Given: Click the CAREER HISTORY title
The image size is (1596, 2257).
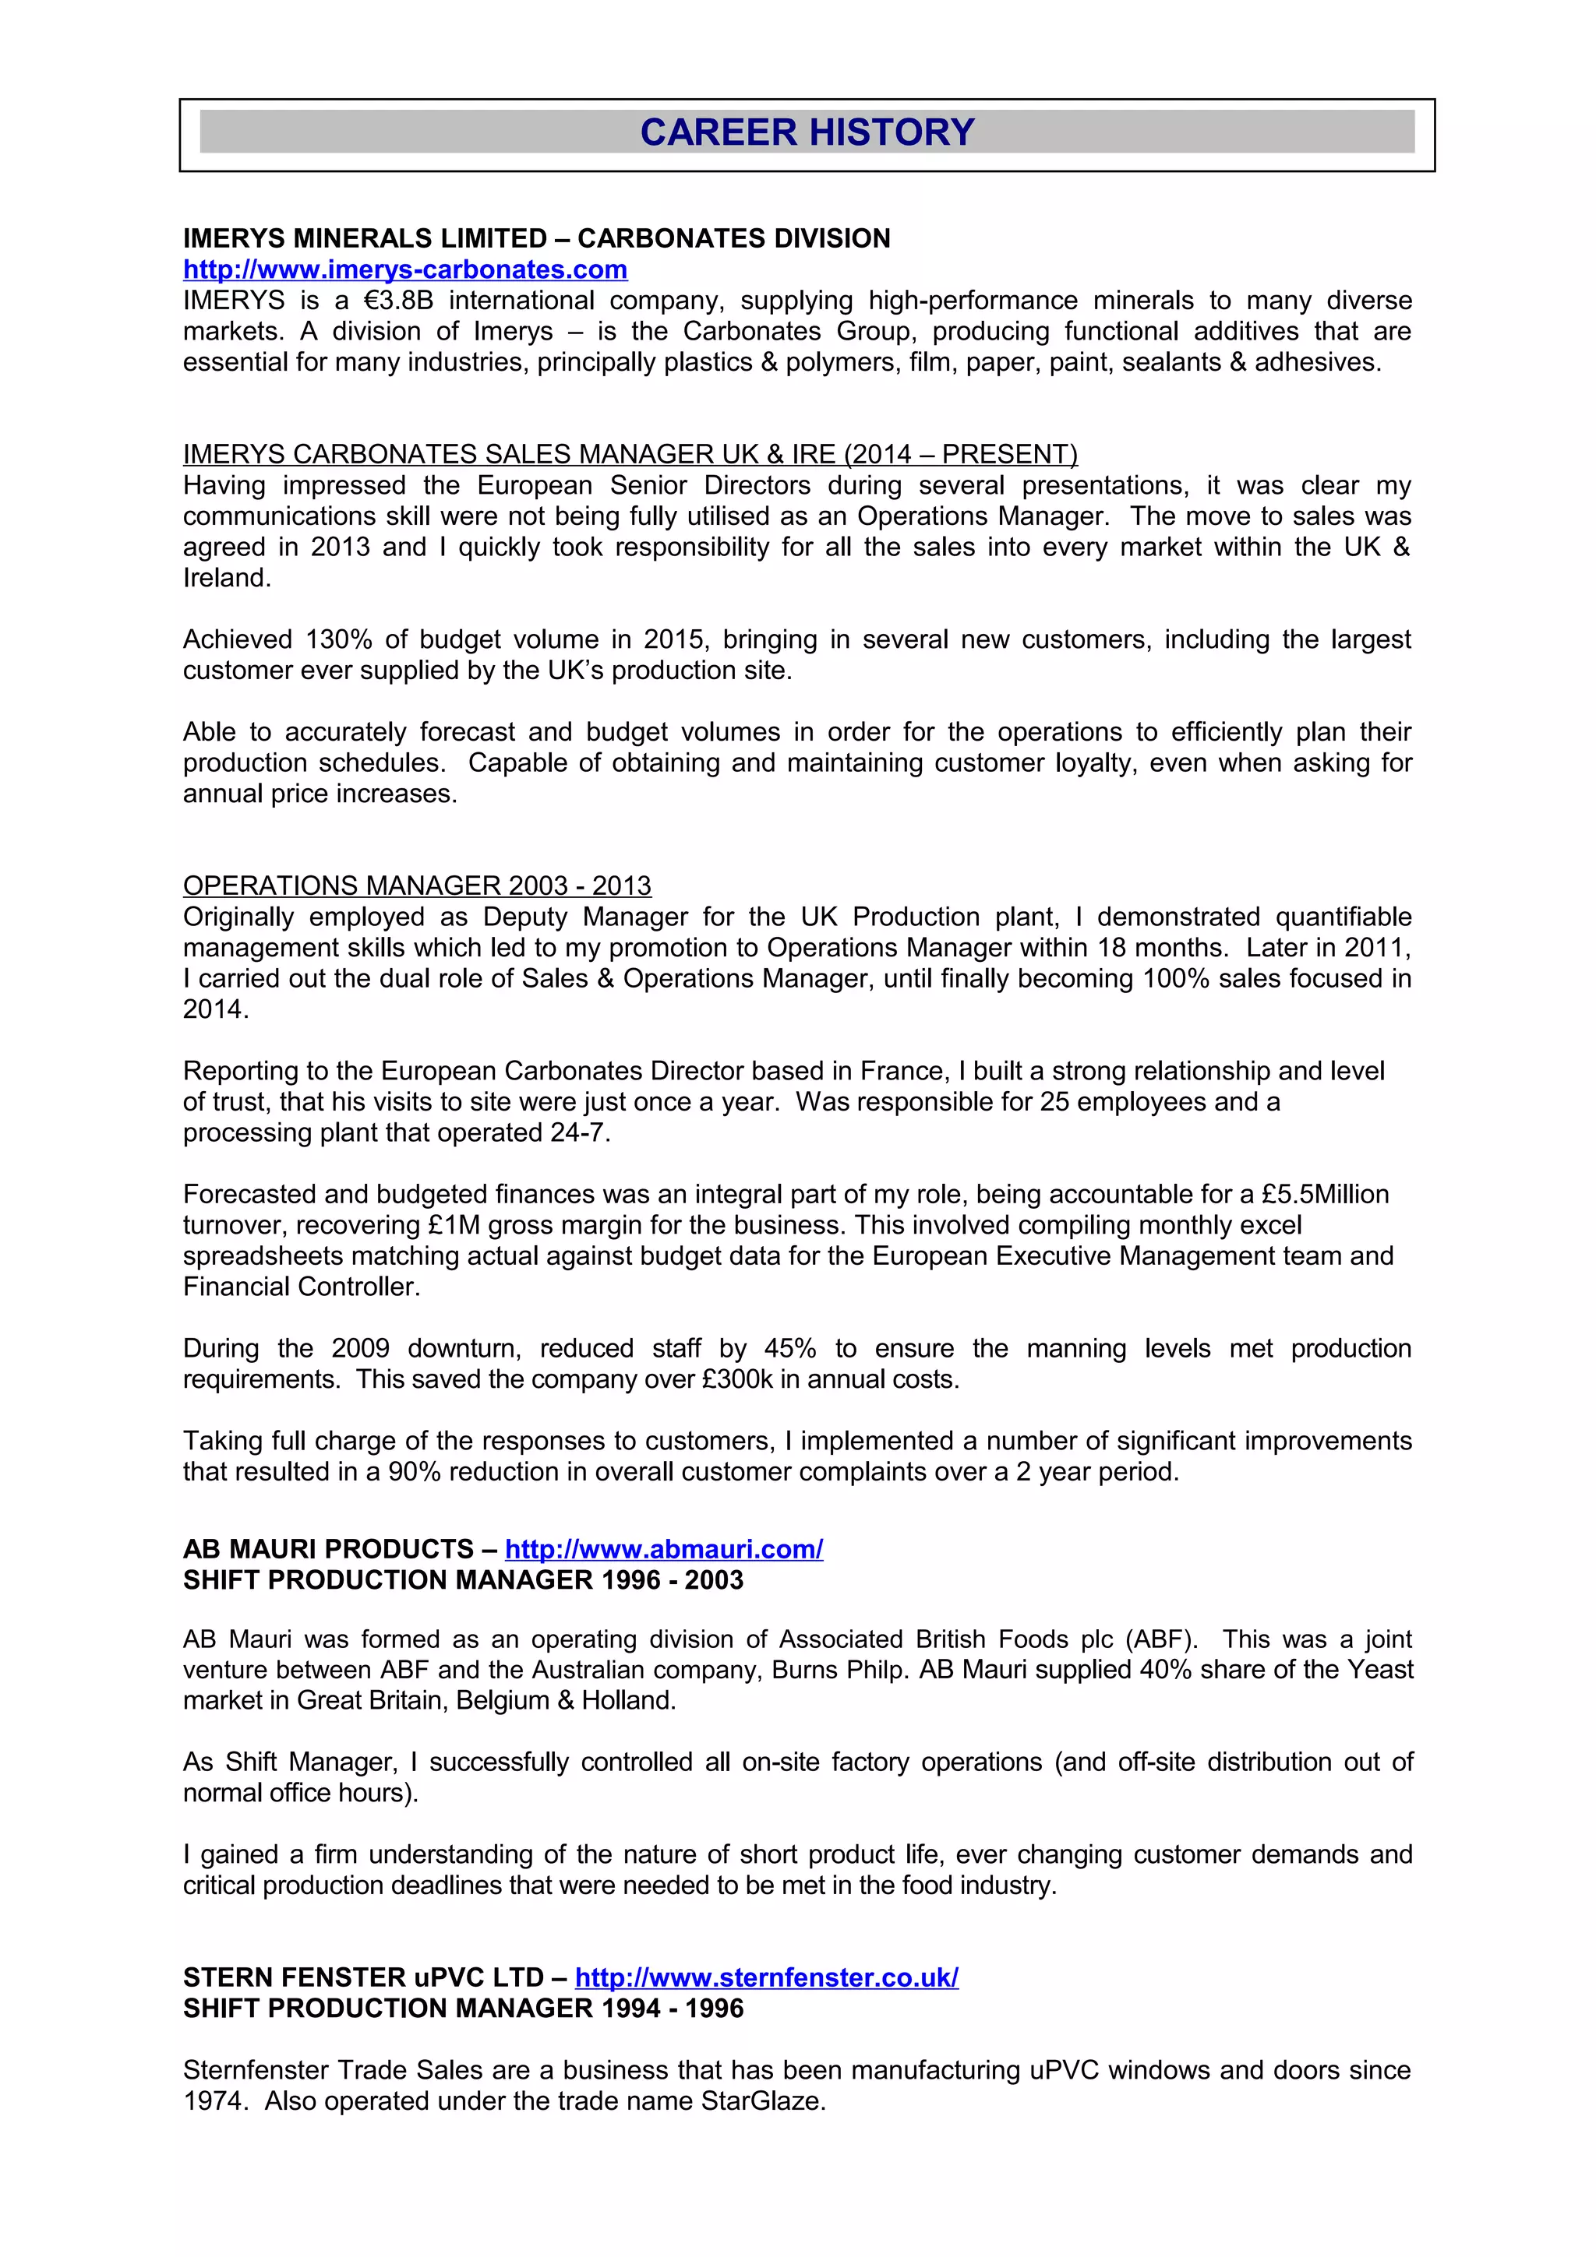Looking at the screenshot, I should click(x=807, y=132).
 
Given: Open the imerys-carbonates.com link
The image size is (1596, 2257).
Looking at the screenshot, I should click(x=405, y=269).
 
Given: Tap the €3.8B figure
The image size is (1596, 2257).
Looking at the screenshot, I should click(x=391, y=301).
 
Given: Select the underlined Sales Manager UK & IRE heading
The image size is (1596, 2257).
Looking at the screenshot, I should click(x=630, y=454).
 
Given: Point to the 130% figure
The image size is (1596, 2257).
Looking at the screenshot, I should click(x=338, y=640).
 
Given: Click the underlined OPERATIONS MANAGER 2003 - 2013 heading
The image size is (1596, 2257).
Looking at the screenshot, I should click(x=417, y=886).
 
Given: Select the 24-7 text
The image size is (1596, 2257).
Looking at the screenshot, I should click(x=579, y=1133).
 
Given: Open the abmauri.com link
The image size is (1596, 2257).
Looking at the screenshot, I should click(x=664, y=1549).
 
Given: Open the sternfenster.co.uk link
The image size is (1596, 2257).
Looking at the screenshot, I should click(x=766, y=1978).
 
